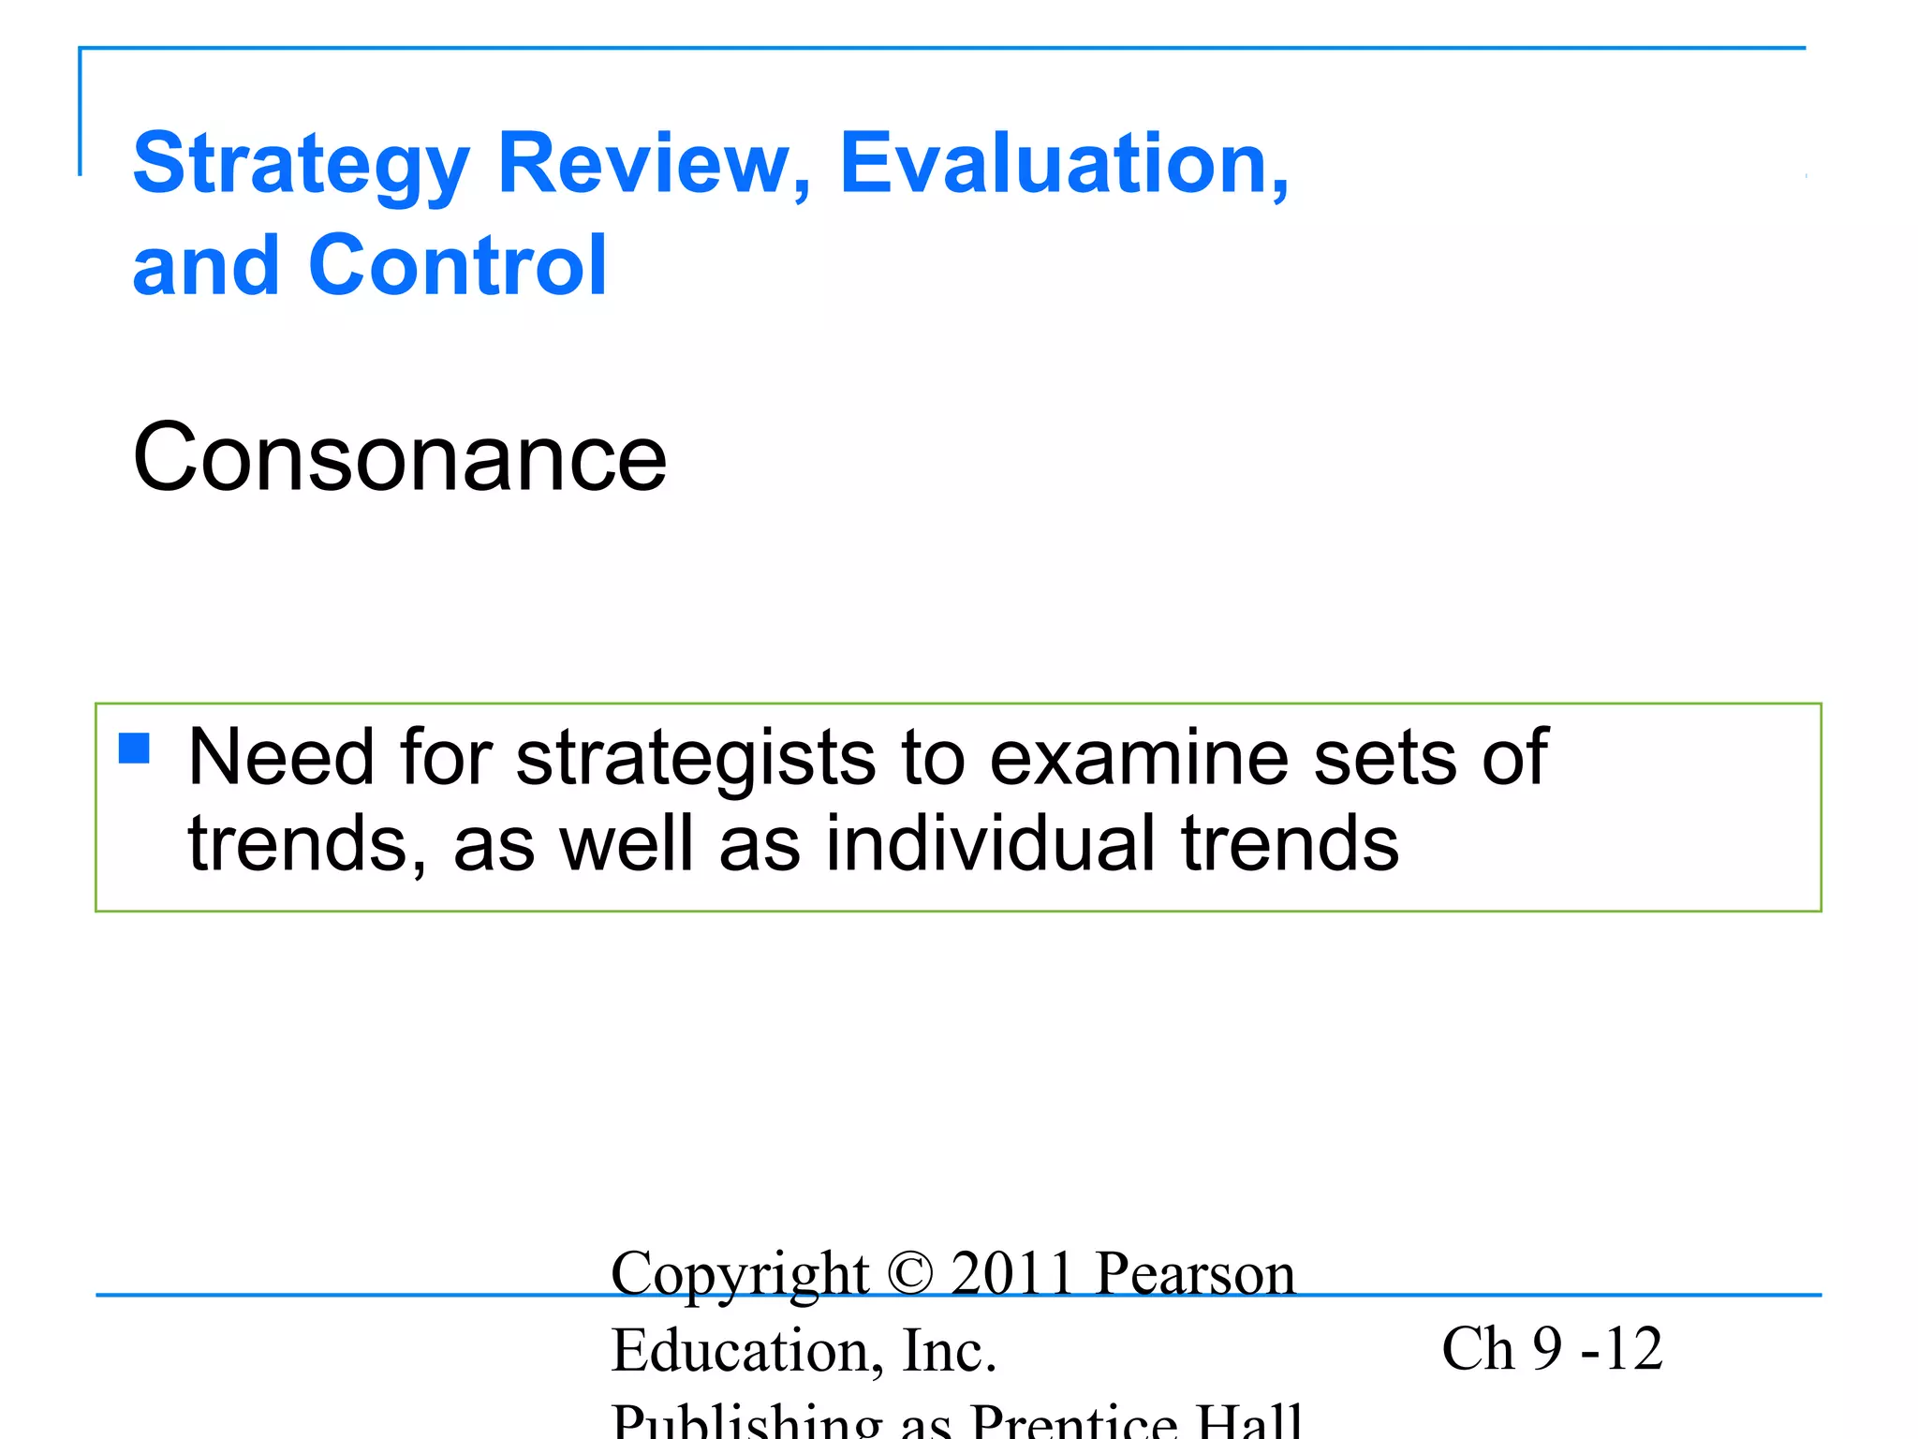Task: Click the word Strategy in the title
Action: point(301,165)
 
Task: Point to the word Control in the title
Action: point(458,266)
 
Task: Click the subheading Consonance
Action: point(400,458)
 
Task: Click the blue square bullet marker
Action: point(135,749)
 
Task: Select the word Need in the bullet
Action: point(281,757)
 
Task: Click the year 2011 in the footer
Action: point(1011,1273)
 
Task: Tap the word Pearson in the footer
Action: point(1196,1273)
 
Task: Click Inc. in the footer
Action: point(949,1350)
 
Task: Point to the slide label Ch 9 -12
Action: point(1552,1349)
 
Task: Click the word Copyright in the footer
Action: point(739,1275)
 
